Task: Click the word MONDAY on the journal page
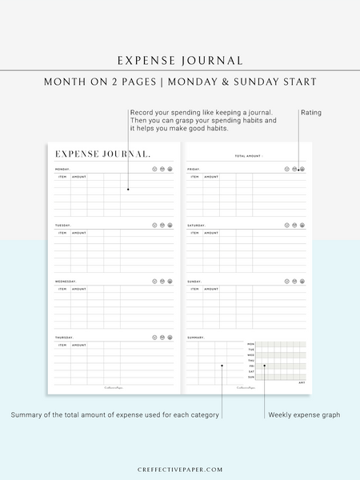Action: (x=62, y=170)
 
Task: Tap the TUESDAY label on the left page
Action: (x=62, y=226)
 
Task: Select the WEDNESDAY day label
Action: (x=65, y=282)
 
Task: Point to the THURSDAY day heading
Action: (x=63, y=338)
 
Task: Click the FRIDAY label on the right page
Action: (x=194, y=170)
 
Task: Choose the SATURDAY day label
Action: (x=196, y=226)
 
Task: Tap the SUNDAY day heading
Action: (x=194, y=282)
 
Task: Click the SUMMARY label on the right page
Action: (x=195, y=338)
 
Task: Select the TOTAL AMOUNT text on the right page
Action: (x=248, y=156)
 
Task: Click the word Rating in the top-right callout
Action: (x=311, y=113)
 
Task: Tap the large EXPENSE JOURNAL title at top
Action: (x=180, y=60)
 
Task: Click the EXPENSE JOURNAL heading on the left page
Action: (x=102, y=154)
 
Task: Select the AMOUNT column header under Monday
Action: (x=79, y=177)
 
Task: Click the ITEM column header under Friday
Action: (x=194, y=177)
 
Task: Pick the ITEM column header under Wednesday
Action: (x=62, y=289)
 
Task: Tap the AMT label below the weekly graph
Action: (x=302, y=382)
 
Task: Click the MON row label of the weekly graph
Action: (x=250, y=344)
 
